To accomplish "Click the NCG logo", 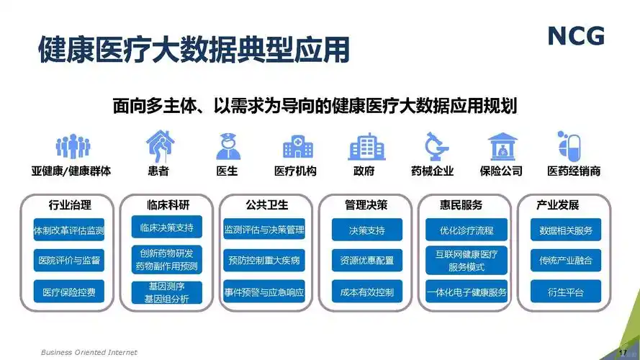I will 575,35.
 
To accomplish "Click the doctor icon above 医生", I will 227,146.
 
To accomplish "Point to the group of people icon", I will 73,146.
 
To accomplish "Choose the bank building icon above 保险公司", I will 502,146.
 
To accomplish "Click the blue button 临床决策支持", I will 166,228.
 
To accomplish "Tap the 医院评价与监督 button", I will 69,260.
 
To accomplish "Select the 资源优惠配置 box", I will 367,260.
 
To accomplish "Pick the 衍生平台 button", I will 566,292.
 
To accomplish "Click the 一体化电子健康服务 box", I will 467,292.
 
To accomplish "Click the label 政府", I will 364,171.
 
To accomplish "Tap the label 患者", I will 158,171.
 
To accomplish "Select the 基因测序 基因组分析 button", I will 166,292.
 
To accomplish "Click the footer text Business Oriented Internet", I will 89,352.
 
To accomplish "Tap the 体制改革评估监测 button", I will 69,231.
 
